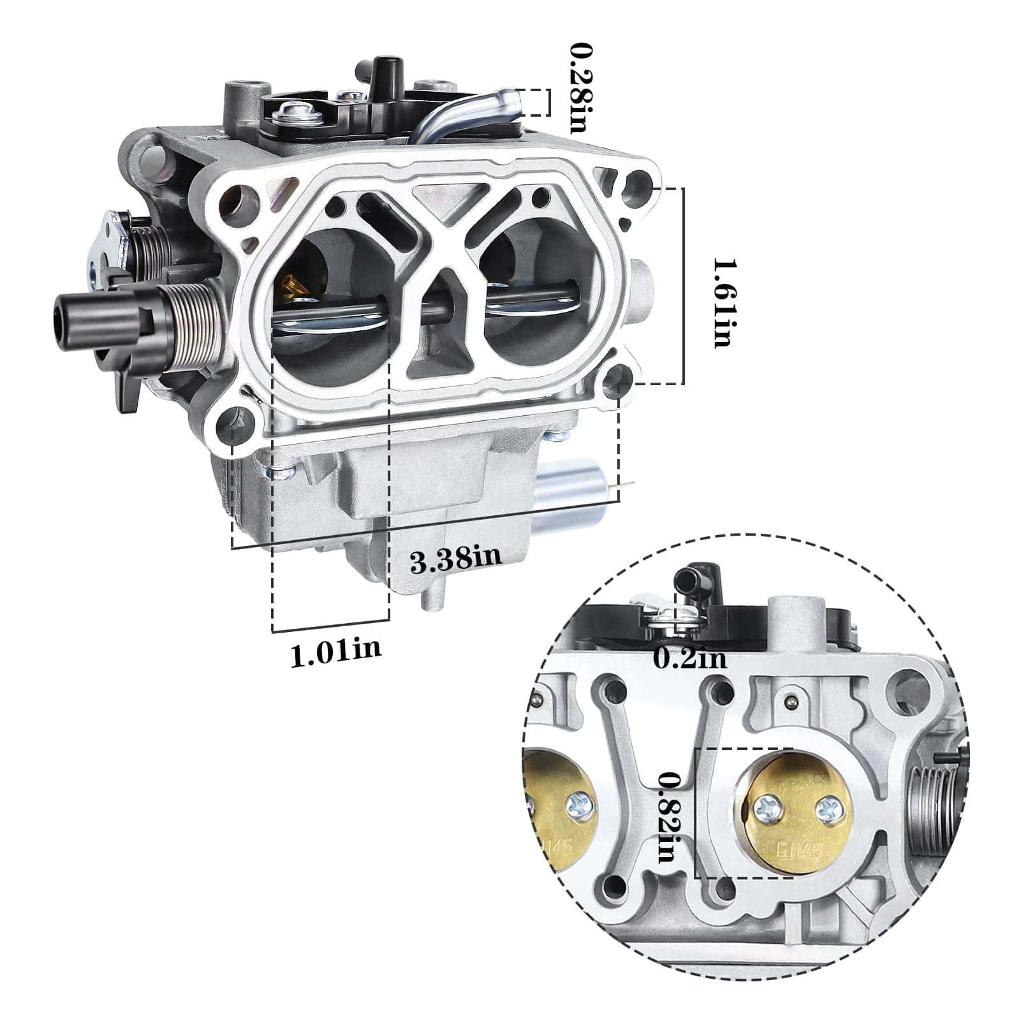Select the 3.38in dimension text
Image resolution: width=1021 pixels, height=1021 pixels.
click(455, 561)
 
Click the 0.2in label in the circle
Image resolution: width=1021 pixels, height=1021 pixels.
click(690, 657)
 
